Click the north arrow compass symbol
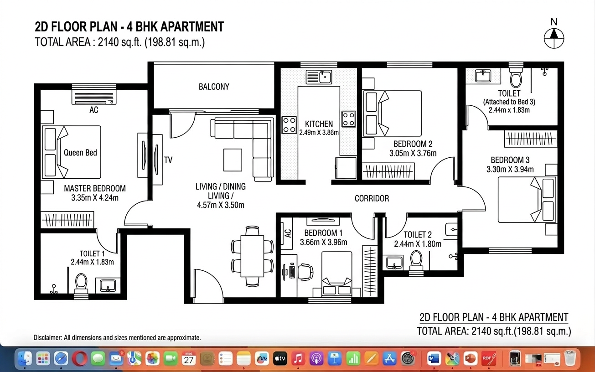coord(554,39)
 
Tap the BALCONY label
coord(214,87)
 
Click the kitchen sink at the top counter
coord(319,77)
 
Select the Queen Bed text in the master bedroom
coord(80,153)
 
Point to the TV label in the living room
coord(168,160)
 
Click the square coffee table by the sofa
coord(233,160)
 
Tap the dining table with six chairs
coord(252,256)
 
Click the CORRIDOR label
coord(372,198)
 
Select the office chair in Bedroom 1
coord(305,272)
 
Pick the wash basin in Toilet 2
coord(394,263)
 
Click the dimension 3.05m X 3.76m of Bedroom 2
coord(413,153)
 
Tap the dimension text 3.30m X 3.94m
coord(510,169)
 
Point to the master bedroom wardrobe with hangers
coord(67,220)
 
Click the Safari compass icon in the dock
coord(61,359)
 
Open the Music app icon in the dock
coord(298,359)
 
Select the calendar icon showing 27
coord(189,359)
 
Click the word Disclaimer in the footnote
coord(47,338)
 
